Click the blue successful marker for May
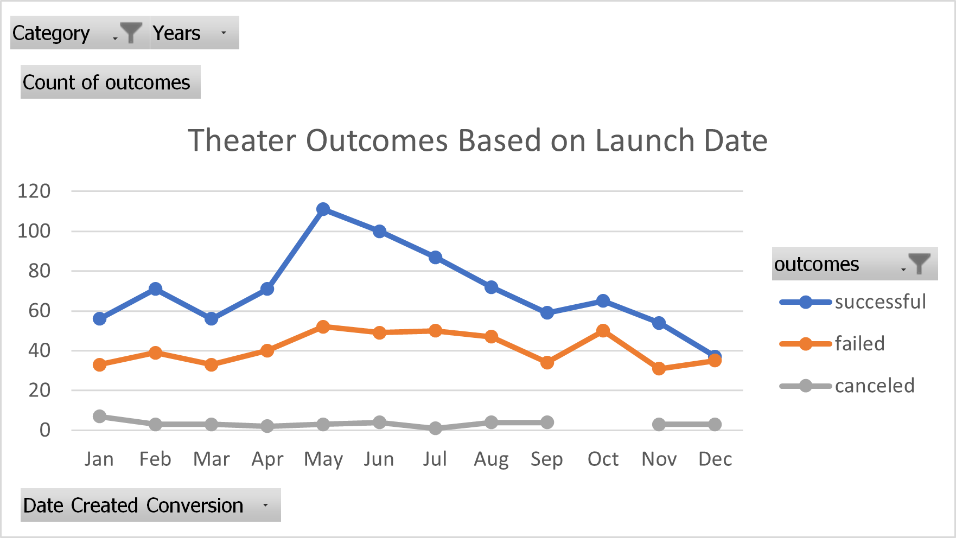323,209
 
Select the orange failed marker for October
603,331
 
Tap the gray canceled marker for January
99,417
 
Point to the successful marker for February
156,289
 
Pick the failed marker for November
659,369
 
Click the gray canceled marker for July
435,428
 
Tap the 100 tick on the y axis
34,232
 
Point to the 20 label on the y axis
39,390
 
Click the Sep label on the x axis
547,459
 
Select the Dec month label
715,459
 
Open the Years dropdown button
224,33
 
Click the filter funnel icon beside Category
131,33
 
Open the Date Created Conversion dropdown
265,505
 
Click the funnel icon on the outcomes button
919,264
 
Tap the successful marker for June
380,232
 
